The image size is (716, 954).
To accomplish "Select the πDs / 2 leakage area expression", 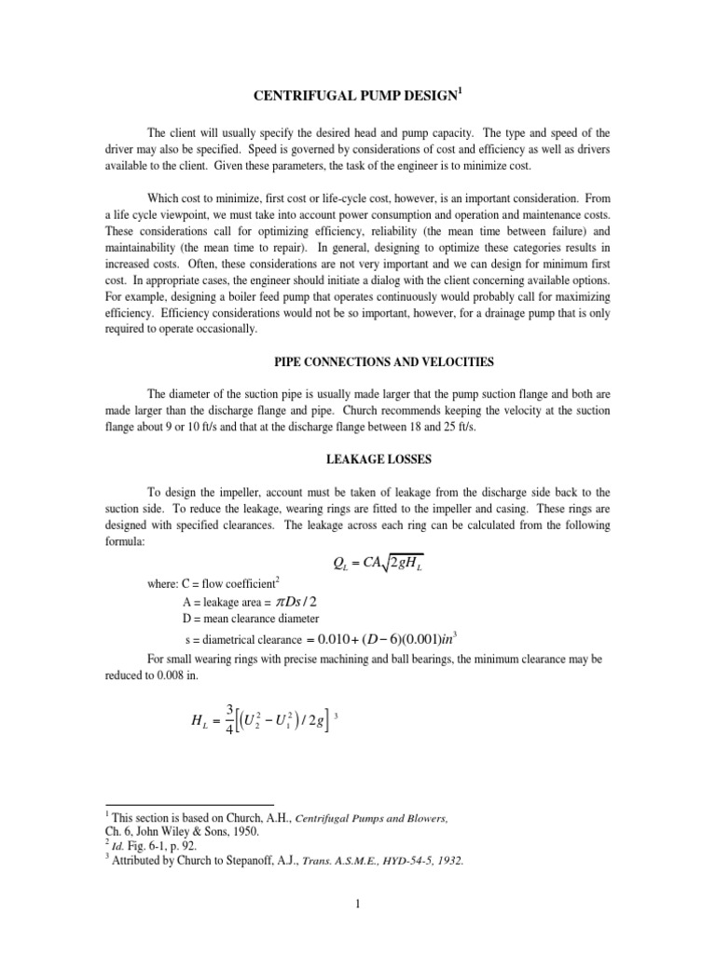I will pyautogui.click(x=304, y=601).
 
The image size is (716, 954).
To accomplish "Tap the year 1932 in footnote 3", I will pyautogui.click(x=446, y=862).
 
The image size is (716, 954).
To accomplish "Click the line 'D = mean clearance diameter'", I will pyautogui.click(x=252, y=620).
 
